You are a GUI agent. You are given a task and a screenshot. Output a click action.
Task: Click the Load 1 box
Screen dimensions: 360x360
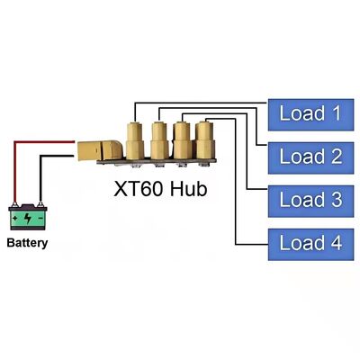pyautogui.click(x=310, y=113)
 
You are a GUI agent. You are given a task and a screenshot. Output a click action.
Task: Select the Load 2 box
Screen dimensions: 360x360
pyautogui.click(x=310, y=156)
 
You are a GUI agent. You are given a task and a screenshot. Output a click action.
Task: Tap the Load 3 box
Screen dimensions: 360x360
pyautogui.click(x=310, y=198)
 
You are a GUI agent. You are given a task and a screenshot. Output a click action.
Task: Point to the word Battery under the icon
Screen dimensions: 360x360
pyautogui.click(x=28, y=243)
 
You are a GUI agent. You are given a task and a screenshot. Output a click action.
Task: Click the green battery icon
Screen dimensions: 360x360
pyautogui.click(x=28, y=217)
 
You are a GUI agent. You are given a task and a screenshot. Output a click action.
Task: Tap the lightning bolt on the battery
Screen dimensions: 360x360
pyautogui.click(x=28, y=219)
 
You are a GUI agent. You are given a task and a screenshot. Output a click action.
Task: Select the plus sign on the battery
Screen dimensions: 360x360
pyautogui.click(x=18, y=219)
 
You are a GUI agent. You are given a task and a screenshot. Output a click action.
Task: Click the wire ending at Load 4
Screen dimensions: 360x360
pyautogui.click(x=236, y=207)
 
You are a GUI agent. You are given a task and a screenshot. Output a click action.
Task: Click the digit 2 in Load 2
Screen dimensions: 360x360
pyautogui.click(x=336, y=156)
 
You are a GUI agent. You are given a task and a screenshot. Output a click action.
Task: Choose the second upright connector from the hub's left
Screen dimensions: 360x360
pyautogui.click(x=159, y=142)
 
